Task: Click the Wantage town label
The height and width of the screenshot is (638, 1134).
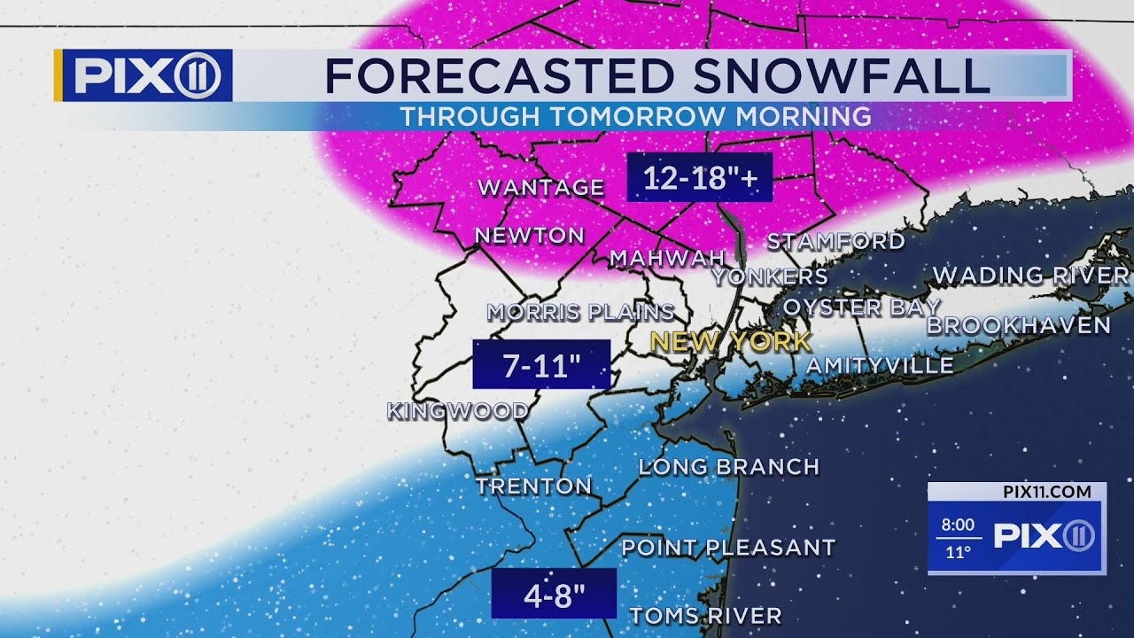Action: click(x=540, y=188)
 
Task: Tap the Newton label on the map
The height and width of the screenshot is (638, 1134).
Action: click(x=530, y=236)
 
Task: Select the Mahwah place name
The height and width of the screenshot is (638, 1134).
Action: click(x=656, y=258)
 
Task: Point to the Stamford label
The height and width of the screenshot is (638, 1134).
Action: click(x=835, y=241)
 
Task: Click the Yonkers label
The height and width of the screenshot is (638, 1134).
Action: click(x=770, y=276)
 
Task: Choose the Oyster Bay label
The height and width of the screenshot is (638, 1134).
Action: click(x=861, y=307)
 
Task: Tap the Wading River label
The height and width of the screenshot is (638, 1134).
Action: click(x=1031, y=276)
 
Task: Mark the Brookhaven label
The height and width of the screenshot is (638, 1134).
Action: click(x=1018, y=325)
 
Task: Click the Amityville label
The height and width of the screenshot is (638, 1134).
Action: click(x=880, y=365)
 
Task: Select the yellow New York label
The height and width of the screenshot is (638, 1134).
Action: click(x=730, y=341)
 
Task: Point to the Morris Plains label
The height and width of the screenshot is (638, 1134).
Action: click(x=580, y=313)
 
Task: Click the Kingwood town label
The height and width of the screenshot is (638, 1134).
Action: click(x=458, y=411)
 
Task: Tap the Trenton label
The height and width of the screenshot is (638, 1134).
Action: click(x=533, y=486)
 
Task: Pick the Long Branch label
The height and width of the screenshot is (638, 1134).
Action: click(x=728, y=467)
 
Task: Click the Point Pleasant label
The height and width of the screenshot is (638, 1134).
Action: click(x=728, y=548)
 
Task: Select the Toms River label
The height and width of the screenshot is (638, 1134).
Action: click(x=705, y=616)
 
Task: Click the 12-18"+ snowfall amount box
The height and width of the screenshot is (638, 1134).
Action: click(x=700, y=178)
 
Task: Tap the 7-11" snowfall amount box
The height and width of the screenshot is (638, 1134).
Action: click(x=541, y=365)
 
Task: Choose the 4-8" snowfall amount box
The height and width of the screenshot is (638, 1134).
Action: click(x=554, y=594)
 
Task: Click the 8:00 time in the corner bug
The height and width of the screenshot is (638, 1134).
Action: click(x=958, y=525)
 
